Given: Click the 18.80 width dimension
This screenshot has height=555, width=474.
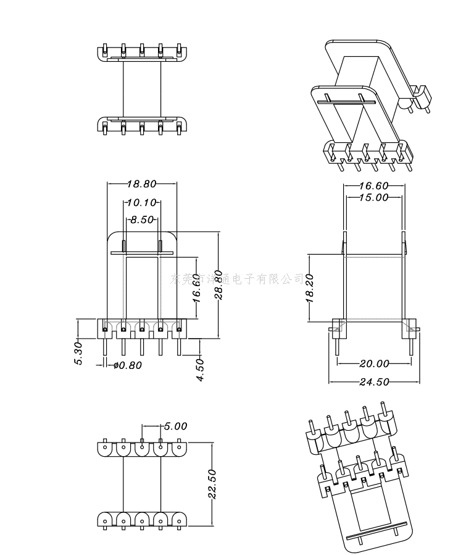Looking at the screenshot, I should coord(142,184).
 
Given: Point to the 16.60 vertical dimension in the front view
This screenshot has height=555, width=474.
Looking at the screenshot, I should coord(196,289).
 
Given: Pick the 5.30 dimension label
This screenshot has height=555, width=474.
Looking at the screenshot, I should coord(78,353).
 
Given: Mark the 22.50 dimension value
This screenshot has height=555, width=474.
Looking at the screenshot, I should coord(212,484).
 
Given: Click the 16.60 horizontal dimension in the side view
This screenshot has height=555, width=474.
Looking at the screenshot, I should coord(374,185).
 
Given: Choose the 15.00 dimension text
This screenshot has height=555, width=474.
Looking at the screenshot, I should coord(374,198).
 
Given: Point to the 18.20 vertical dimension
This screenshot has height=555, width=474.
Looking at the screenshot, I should coord(310,289).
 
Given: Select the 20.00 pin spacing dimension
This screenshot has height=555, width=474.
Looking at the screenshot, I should coord(374,363).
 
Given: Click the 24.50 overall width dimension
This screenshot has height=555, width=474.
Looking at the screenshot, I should coord(374,381).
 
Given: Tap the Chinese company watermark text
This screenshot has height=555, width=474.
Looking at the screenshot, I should coord(238,279).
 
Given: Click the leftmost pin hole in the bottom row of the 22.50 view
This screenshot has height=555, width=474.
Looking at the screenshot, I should coord(106,521).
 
